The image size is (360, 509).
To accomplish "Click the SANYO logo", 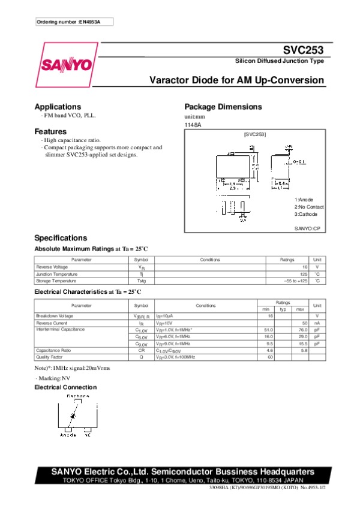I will coord(66,64).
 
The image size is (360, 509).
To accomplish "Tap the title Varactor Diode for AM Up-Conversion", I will coord(236,80).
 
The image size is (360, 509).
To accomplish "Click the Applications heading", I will coord(58,107).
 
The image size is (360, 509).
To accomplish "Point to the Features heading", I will coord(50,131).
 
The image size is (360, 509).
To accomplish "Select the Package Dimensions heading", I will coord(223,107).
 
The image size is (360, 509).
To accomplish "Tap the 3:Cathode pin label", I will coord(306,214).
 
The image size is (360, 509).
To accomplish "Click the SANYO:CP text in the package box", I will coord(308,228).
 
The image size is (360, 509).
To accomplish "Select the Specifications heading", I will coord(61,238).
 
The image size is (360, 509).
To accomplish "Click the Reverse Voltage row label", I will coord(52,267).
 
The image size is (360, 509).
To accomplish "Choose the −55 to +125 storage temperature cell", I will coord(296,281).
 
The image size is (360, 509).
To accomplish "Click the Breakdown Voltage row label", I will coord(55,315).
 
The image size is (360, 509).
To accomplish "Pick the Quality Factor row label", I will coord(49,357).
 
